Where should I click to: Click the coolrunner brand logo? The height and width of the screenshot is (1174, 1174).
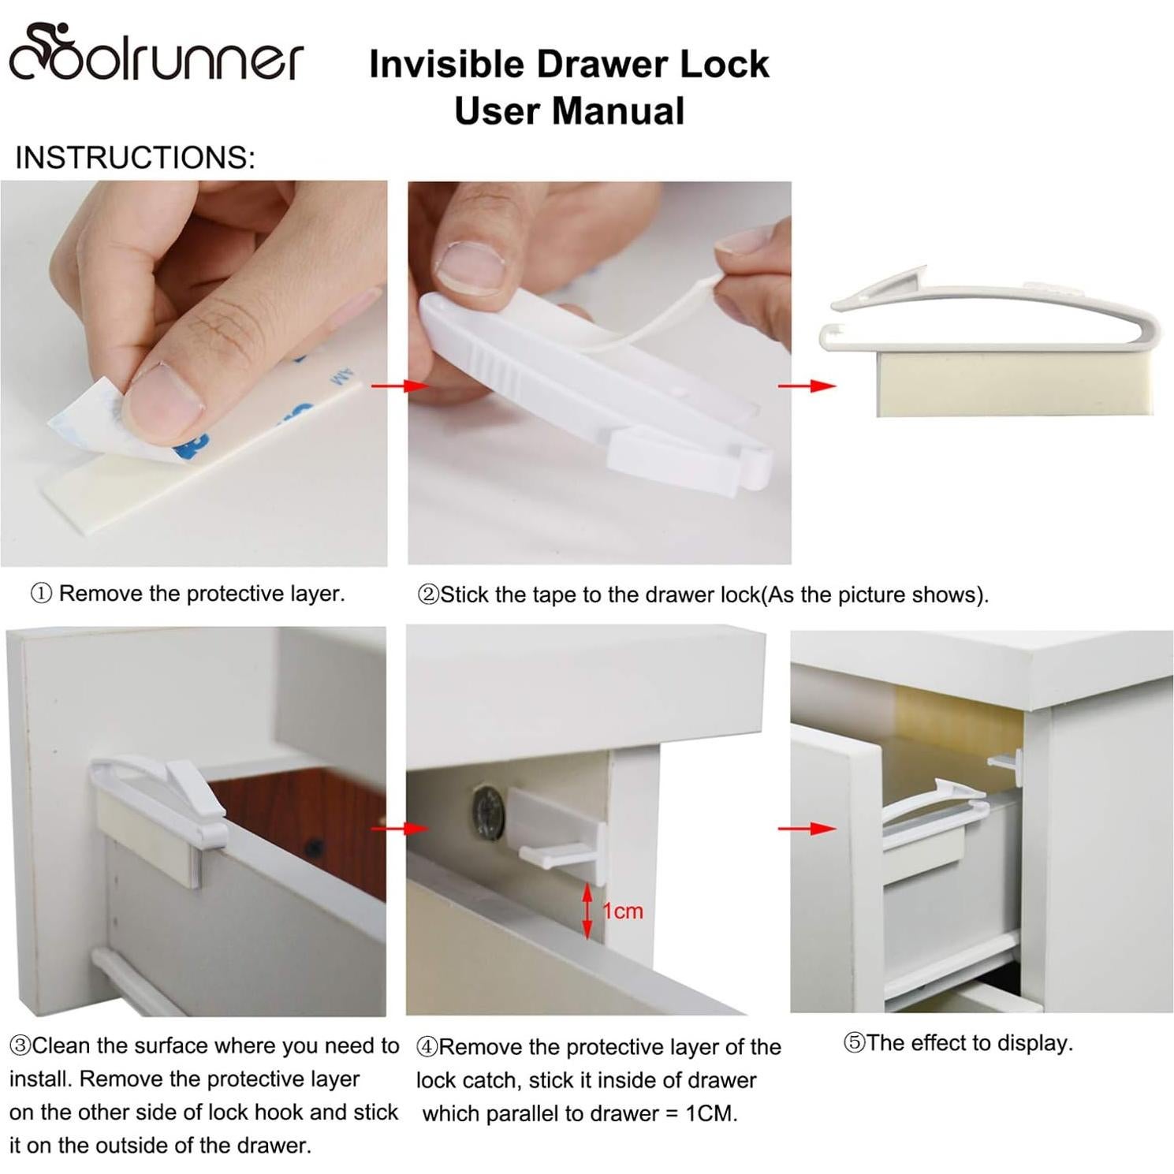pyautogui.click(x=155, y=54)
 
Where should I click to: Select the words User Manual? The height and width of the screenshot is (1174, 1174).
pyautogui.click(x=568, y=110)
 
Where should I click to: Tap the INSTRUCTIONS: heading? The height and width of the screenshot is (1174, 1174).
pyautogui.click(x=135, y=158)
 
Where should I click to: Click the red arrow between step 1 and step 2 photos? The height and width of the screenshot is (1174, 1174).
pyautogui.click(x=399, y=386)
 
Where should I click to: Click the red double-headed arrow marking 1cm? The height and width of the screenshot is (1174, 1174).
pyautogui.click(x=587, y=911)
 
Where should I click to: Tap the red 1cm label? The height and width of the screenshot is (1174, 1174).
pyautogui.click(x=623, y=911)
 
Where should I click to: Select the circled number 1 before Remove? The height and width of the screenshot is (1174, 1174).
pyautogui.click(x=41, y=594)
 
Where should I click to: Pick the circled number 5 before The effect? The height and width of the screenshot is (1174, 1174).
pyautogui.click(x=854, y=1043)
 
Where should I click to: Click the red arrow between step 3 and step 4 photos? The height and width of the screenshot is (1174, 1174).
pyautogui.click(x=399, y=829)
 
